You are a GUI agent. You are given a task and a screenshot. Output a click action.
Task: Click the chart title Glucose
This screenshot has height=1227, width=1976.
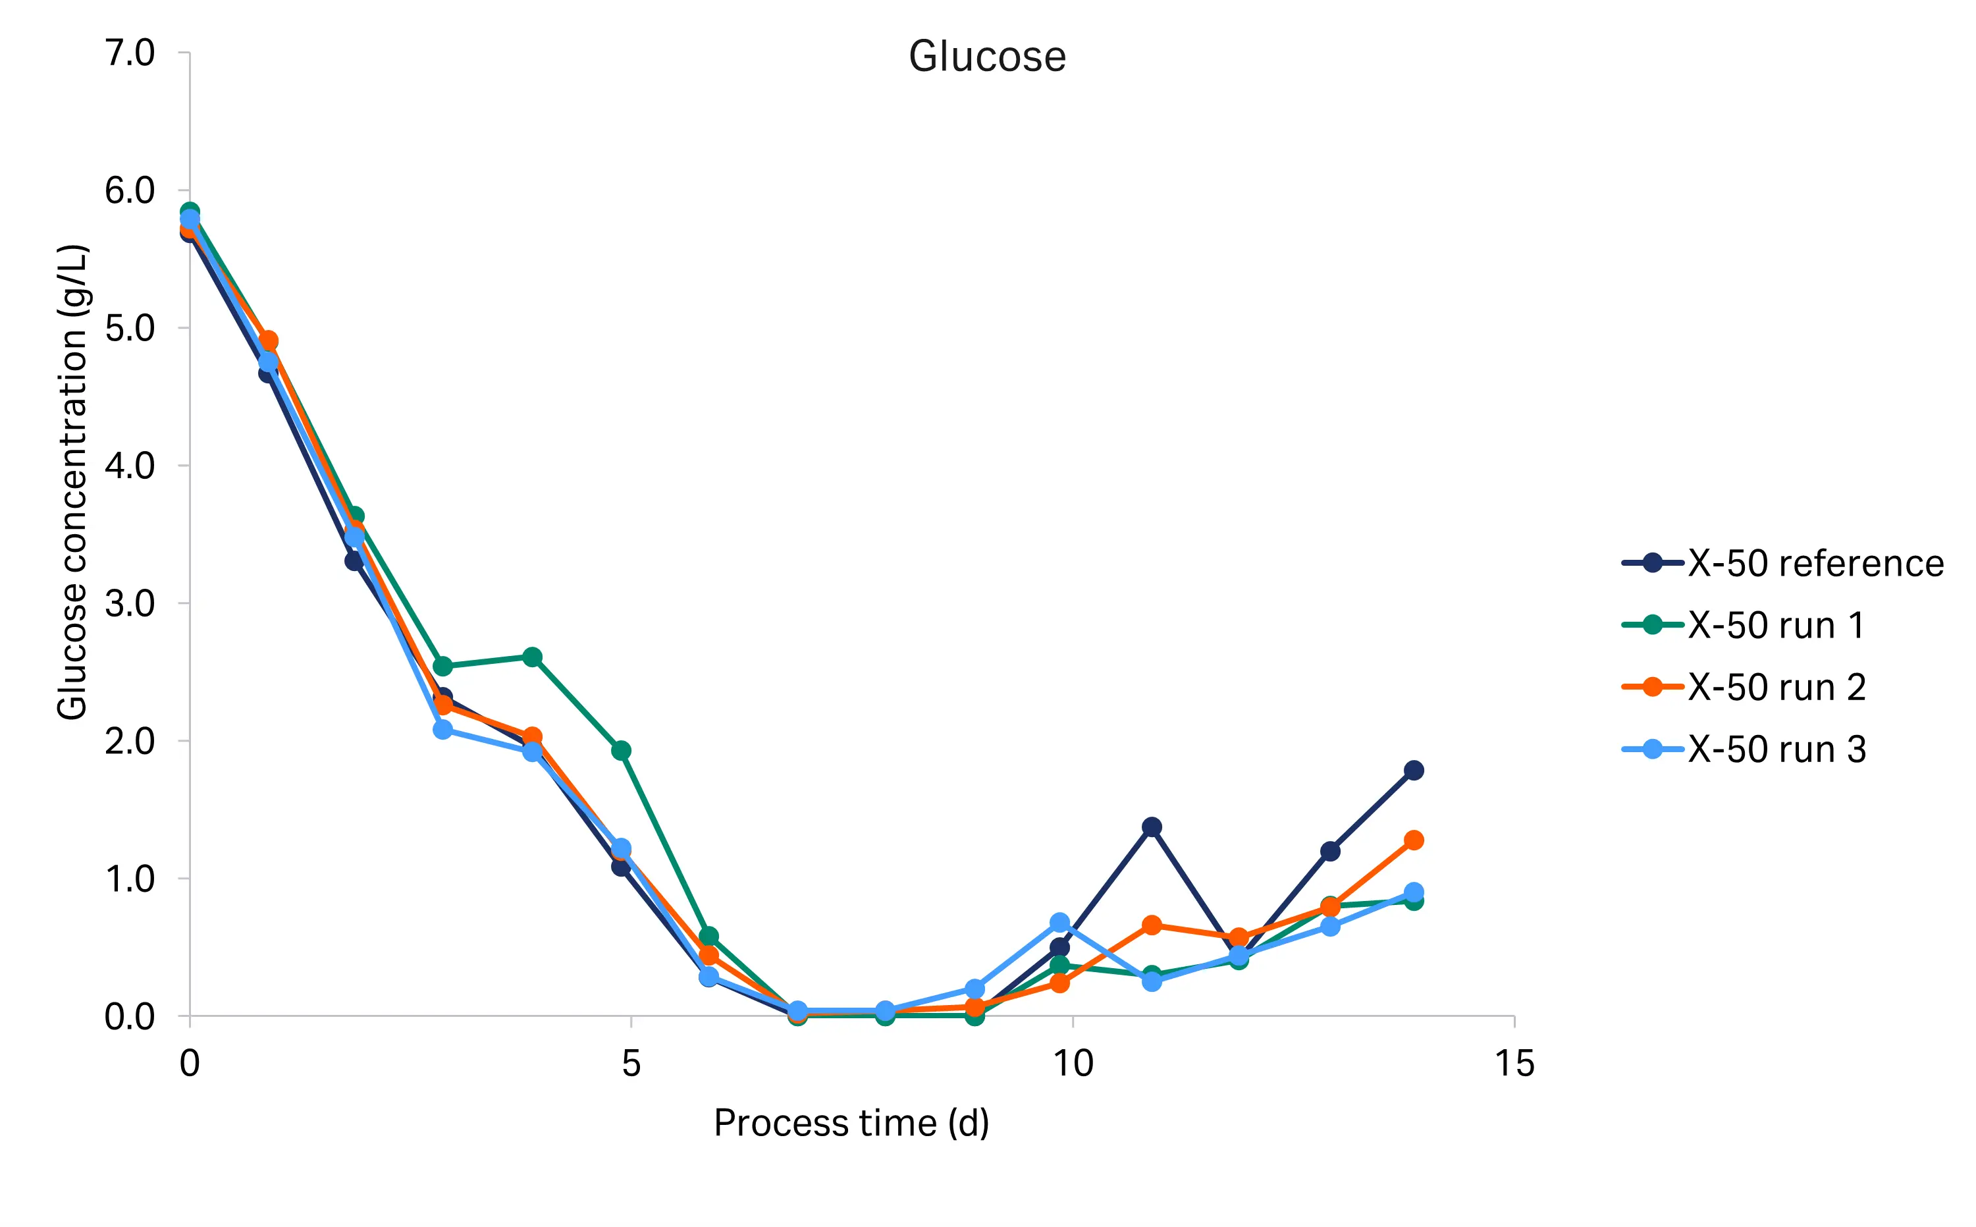coord(986,57)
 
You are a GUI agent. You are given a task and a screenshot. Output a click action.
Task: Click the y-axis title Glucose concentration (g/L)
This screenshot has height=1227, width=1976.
coord(72,482)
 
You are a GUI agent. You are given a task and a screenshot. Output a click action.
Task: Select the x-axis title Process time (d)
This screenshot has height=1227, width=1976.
coord(851,1123)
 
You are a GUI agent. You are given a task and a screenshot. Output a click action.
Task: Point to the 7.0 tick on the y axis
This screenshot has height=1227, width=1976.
coord(130,53)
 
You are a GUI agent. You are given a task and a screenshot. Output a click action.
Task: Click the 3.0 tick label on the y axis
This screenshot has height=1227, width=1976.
coord(130,604)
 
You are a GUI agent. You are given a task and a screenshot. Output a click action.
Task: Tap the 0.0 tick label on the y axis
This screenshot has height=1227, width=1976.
coord(130,1017)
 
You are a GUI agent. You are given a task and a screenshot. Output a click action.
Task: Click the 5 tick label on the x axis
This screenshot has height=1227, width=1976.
coord(631,1063)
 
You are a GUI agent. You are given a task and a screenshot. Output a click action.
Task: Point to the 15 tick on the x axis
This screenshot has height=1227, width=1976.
coord(1514,1063)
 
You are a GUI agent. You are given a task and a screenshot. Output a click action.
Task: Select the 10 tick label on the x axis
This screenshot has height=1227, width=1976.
coord(1073,1063)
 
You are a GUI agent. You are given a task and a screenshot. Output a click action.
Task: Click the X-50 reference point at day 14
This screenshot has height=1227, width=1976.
coord(1414,770)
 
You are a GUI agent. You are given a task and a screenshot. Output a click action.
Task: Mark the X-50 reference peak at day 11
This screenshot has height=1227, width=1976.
coord(1151,827)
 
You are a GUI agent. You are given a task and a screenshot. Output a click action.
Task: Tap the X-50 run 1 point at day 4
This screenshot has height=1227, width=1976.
coord(532,657)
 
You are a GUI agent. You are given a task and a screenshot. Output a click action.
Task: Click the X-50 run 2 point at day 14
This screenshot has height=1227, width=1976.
coord(1414,840)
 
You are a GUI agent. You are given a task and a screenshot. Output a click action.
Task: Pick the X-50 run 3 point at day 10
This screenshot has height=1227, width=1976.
coord(1059,923)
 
